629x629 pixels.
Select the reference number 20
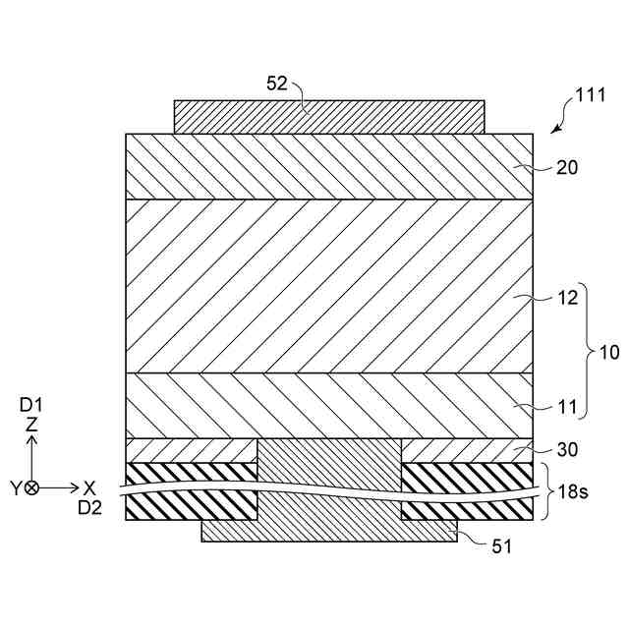(567, 167)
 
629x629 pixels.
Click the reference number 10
(609, 353)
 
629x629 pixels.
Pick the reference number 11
(567, 406)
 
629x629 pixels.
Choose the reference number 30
(567, 450)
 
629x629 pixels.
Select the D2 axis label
(89, 507)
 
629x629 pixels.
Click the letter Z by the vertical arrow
(31, 425)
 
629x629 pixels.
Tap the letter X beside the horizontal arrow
(89, 487)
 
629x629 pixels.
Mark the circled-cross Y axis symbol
(32, 487)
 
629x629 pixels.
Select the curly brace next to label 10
(586, 352)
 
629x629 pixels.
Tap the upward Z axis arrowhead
(31, 440)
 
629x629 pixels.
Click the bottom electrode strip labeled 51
(329, 532)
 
